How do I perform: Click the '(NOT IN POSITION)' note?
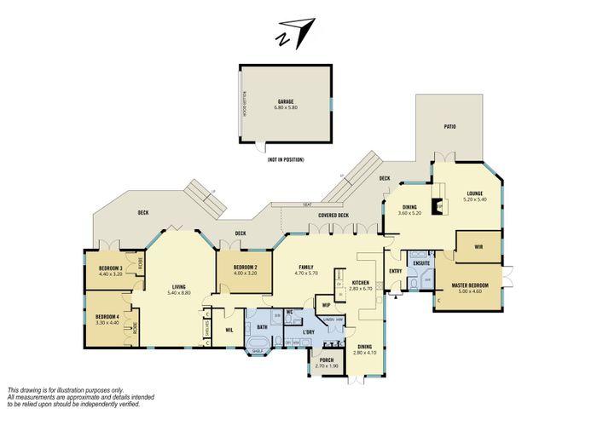(285, 159)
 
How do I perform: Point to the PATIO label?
(449, 126)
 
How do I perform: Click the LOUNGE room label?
(474, 193)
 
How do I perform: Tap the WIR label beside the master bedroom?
(480, 245)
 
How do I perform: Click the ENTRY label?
(395, 271)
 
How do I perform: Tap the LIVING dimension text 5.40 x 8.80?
(178, 292)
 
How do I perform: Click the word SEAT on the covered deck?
(305, 205)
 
